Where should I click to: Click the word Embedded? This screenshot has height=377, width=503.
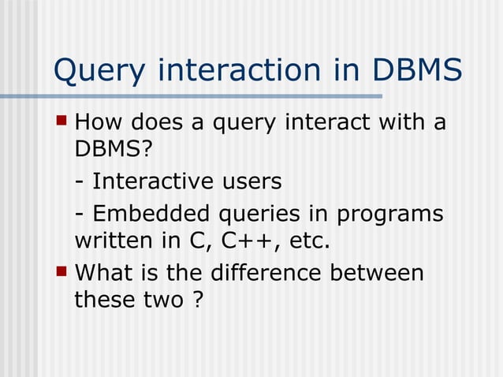click(x=149, y=214)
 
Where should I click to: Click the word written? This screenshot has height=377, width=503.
click(x=106, y=240)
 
